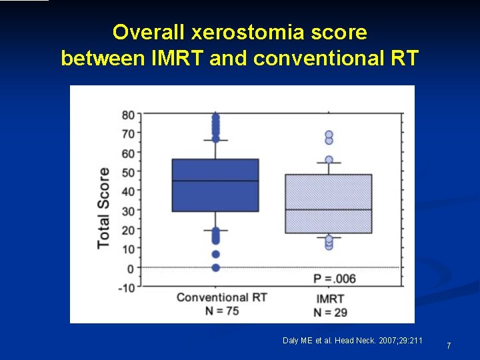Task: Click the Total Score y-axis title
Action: [x=103, y=207]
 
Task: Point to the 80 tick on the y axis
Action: [x=127, y=115]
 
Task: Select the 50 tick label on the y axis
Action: [x=127, y=173]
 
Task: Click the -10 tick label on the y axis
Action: [x=126, y=287]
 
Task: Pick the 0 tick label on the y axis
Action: [x=131, y=268]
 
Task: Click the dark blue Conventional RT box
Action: [x=215, y=185]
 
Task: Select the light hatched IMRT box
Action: [x=328, y=203]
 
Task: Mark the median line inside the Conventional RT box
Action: [x=215, y=181]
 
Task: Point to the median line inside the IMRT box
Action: [x=328, y=209]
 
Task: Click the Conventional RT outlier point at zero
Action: [x=215, y=268]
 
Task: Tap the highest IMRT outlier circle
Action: [x=329, y=135]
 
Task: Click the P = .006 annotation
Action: [x=334, y=279]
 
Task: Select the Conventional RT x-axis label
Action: [x=221, y=297]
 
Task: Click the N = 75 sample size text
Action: [x=221, y=311]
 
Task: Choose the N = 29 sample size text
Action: [x=331, y=312]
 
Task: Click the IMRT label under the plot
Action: [x=331, y=299]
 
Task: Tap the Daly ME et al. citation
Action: [x=352, y=341]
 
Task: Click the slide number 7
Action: [x=449, y=345]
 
